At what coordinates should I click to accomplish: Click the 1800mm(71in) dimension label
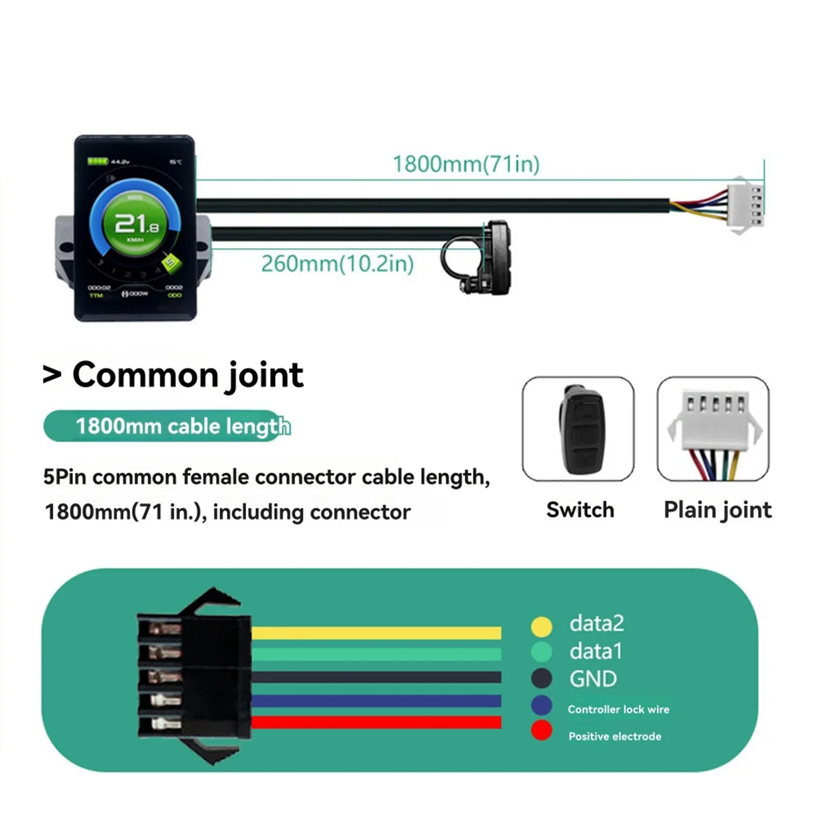(466, 164)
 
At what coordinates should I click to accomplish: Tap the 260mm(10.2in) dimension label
(337, 263)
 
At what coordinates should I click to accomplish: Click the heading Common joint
(187, 375)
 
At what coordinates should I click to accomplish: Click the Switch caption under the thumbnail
(580, 510)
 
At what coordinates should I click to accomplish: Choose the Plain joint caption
(717, 510)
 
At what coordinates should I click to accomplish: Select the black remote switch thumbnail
(578, 429)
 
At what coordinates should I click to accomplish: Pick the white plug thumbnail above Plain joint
(713, 429)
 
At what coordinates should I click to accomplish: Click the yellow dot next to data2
(541, 626)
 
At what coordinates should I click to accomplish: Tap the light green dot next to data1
(541, 652)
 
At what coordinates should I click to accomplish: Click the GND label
(593, 679)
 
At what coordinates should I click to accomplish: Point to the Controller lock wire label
(618, 710)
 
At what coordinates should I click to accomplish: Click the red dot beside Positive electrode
(541, 731)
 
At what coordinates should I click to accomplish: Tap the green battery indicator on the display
(97, 162)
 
